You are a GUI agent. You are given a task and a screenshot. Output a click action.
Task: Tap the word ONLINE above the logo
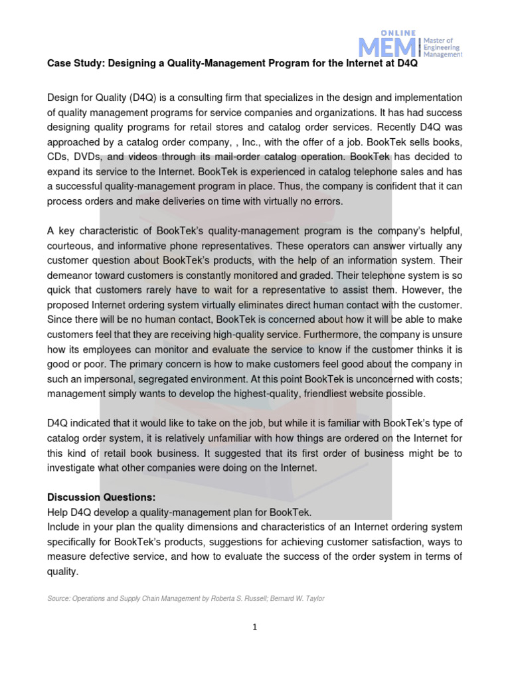(397, 32)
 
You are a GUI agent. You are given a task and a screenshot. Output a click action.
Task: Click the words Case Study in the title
(72, 64)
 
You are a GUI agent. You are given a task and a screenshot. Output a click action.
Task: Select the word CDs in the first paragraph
(58, 158)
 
